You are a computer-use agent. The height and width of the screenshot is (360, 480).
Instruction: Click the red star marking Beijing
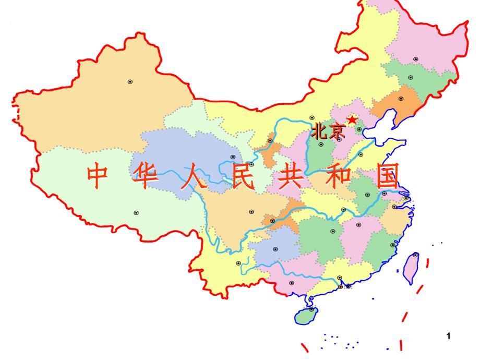(353, 120)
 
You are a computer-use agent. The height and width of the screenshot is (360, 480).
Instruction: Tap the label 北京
(328, 131)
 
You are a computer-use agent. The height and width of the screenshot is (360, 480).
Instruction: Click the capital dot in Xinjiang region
(130, 81)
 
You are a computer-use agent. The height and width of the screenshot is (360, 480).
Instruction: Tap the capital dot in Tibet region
(136, 212)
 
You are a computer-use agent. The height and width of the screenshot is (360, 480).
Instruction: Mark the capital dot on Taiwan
(415, 255)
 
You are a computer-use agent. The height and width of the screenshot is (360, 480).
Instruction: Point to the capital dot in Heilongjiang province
(415, 59)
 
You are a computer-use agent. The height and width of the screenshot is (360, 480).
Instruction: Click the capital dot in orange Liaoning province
(401, 99)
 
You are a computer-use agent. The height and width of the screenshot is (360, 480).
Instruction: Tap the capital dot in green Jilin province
(410, 77)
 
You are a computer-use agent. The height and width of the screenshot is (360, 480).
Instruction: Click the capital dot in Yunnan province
(238, 263)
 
